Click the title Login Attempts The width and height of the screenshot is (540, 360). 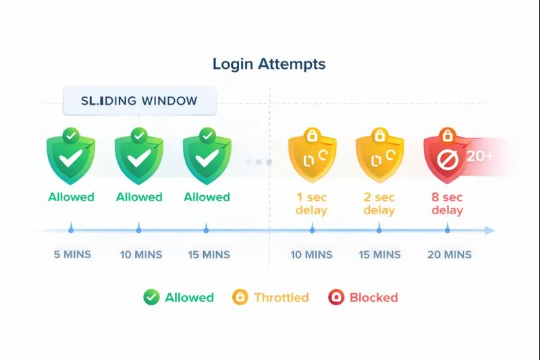tap(269, 64)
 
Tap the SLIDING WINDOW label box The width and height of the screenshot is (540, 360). tap(139, 101)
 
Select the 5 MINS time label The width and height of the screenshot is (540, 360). tap(72, 255)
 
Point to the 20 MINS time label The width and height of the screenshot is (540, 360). tap(450, 255)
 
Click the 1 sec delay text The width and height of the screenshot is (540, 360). tap(311, 203)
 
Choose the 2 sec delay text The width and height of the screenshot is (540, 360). tap(379, 203)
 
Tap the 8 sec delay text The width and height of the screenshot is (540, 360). tap(448, 203)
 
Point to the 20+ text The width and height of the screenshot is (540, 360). tap(479, 156)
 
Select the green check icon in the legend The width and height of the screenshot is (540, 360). tap(151, 297)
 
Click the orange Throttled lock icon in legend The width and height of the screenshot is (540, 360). tap(240, 297)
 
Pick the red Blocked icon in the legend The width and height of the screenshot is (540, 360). tap(335, 297)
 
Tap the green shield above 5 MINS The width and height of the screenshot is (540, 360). tap(70, 159)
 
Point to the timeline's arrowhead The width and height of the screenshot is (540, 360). tap(489, 231)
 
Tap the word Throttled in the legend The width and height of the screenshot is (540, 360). tap(281, 297)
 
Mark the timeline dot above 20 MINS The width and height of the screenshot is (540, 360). tap(447, 230)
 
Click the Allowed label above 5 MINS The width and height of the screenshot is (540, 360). tap(71, 197)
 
